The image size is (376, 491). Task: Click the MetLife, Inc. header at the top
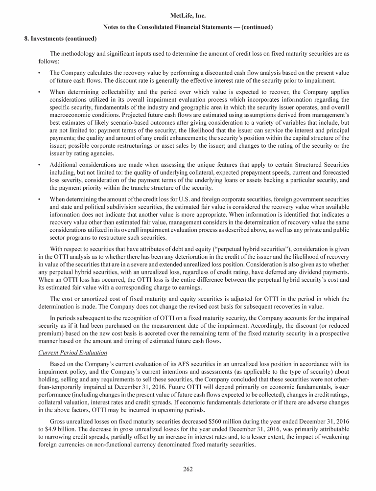188,16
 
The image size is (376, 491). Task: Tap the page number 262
188,469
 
